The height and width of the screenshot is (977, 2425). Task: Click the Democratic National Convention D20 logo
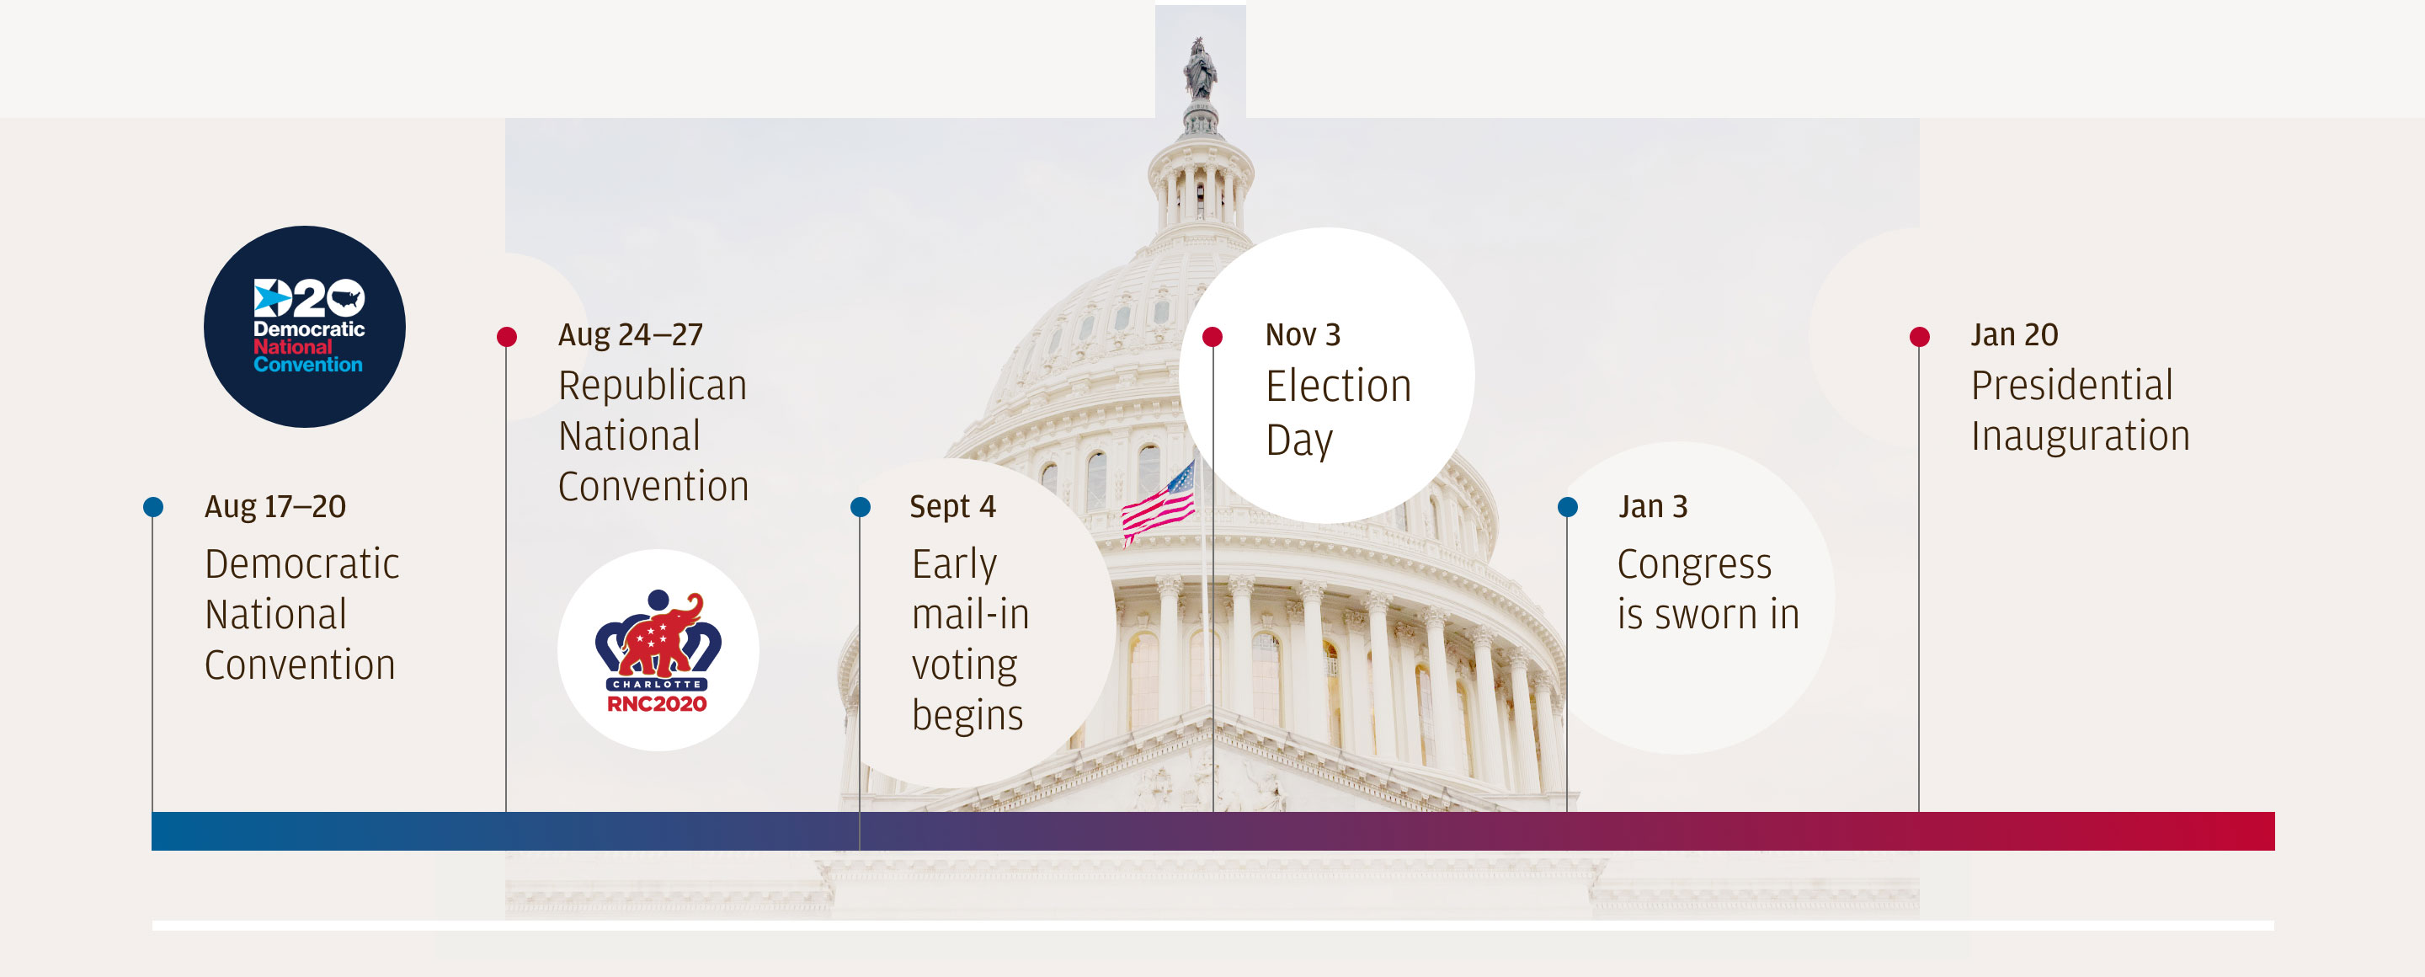[304, 327]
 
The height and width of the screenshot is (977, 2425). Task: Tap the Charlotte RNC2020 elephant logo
[658, 650]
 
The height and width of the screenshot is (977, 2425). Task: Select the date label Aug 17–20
[274, 506]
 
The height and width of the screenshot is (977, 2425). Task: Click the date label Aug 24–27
[631, 334]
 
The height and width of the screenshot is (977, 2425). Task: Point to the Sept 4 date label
[952, 506]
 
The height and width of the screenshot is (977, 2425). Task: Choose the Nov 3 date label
[1303, 334]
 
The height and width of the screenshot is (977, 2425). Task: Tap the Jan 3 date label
[1653, 506]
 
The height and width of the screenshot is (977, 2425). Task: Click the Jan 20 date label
[2015, 334]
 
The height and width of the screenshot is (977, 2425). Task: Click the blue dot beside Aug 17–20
[153, 507]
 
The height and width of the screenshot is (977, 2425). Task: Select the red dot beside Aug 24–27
[506, 336]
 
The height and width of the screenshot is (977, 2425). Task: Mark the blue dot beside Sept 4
[861, 507]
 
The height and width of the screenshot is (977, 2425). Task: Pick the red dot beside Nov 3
[1212, 336]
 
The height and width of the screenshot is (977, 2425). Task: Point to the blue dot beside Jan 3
[1567, 507]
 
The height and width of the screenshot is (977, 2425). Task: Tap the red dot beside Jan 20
[1920, 336]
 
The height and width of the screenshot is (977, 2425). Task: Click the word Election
[1339, 386]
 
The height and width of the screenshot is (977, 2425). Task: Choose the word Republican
[653, 386]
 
